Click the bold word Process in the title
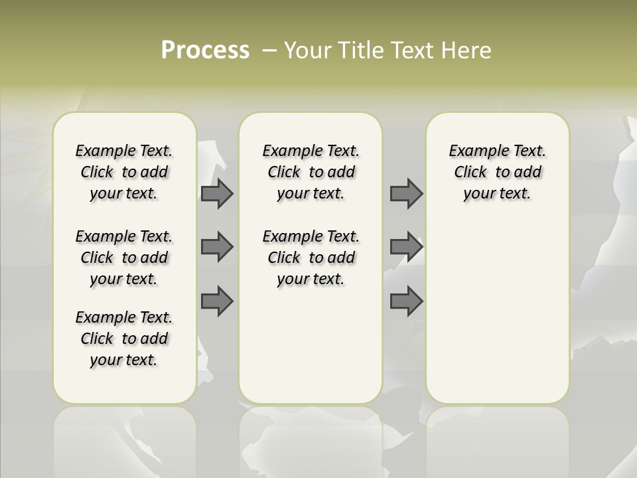click(205, 50)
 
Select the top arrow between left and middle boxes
click(217, 194)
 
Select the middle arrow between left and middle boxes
click(217, 247)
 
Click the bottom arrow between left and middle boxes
click(217, 301)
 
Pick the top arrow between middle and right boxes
click(406, 194)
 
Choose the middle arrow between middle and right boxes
click(406, 247)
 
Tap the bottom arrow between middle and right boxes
click(406, 301)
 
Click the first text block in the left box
click(124, 172)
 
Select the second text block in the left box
click(124, 258)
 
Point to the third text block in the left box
click(124, 339)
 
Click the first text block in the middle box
click(311, 172)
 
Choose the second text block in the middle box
click(311, 258)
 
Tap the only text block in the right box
click(497, 172)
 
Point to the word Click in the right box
click(470, 173)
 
